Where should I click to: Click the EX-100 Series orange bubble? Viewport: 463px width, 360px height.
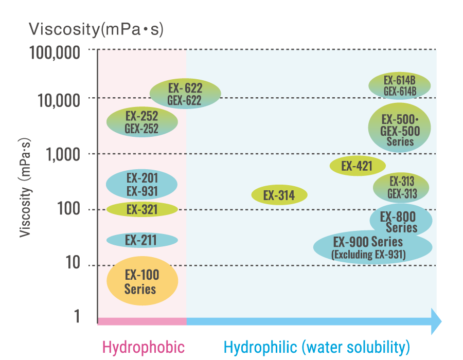click(x=142, y=281)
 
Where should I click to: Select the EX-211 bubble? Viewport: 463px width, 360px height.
click(x=142, y=240)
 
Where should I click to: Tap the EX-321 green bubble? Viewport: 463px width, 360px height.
click(x=142, y=209)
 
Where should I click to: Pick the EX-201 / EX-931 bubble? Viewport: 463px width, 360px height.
click(x=142, y=185)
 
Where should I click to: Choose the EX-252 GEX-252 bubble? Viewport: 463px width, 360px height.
click(x=142, y=122)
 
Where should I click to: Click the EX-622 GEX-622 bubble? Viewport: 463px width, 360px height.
click(x=185, y=94)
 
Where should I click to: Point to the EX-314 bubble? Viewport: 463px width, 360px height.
click(x=279, y=195)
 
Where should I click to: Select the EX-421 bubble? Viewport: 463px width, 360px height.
click(x=358, y=166)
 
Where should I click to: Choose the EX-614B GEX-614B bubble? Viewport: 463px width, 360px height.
click(x=400, y=85)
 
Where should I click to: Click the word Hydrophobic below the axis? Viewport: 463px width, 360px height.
click(x=144, y=347)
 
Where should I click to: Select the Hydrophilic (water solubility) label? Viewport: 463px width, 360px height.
click(x=316, y=347)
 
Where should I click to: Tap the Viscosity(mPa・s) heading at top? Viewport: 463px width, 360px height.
click(x=96, y=29)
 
